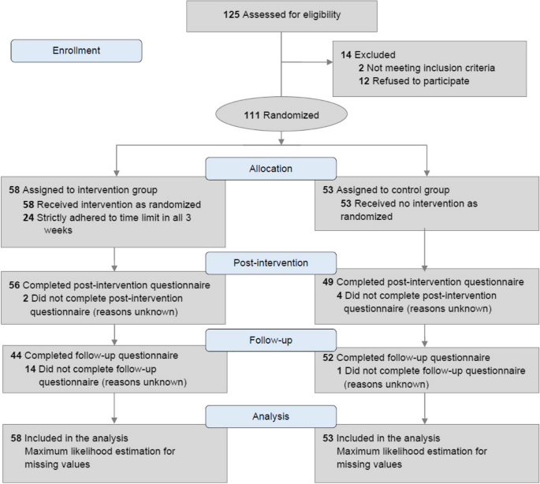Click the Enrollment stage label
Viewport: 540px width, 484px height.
(x=76, y=50)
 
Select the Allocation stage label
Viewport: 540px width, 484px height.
(x=270, y=168)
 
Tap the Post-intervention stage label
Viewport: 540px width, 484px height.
(x=270, y=262)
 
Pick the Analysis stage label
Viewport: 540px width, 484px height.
(x=270, y=415)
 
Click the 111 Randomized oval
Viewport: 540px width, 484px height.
(x=281, y=114)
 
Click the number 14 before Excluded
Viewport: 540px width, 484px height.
(x=346, y=55)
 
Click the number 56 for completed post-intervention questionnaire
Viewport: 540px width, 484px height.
(x=14, y=285)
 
